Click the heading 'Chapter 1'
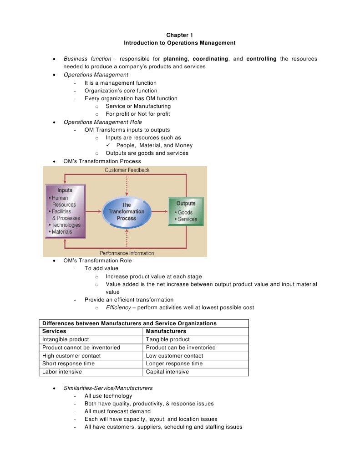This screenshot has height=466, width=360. [180, 35]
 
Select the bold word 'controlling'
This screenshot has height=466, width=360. [261, 59]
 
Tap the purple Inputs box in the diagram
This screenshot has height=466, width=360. [65, 211]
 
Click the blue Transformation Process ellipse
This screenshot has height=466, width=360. [126, 212]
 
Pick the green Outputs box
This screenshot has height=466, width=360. [186, 211]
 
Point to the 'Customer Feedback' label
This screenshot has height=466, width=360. [127, 170]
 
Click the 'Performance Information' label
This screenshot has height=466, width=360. [127, 253]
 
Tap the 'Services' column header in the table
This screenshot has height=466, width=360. [54, 331]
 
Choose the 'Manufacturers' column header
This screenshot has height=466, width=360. [166, 331]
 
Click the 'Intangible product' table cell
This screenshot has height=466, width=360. [66, 339]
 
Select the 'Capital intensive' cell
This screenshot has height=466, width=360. [167, 372]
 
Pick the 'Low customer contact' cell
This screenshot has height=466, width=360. [174, 356]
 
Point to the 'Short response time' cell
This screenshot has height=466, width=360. [68, 364]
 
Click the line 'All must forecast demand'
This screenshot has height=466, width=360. [117, 411]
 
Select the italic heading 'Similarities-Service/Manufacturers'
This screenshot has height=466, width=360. [108, 388]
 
